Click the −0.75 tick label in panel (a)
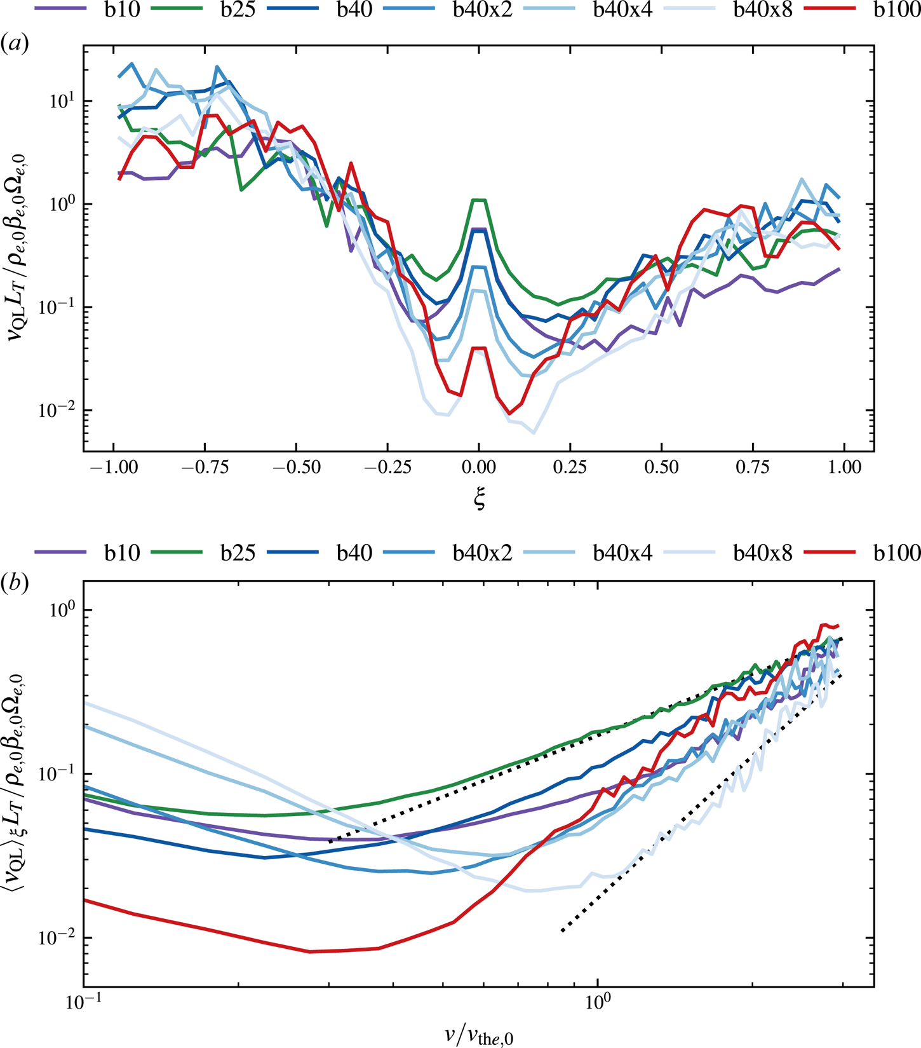[205, 468]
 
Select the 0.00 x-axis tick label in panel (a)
[479, 468]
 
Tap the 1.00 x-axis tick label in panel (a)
[844, 468]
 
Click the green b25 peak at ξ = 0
[479, 200]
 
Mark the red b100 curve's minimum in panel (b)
[309, 951]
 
